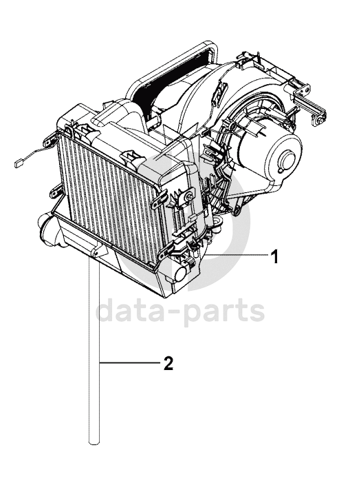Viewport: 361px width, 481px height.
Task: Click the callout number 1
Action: click(x=276, y=257)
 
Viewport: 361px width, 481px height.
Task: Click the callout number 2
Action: click(x=168, y=363)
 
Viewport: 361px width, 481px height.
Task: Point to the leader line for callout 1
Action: click(x=236, y=255)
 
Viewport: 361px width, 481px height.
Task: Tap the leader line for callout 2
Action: click(x=130, y=363)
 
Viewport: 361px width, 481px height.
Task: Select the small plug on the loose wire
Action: click(x=18, y=164)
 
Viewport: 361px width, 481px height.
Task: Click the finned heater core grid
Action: click(x=110, y=196)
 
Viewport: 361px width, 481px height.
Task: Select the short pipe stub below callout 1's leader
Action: click(x=182, y=273)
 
